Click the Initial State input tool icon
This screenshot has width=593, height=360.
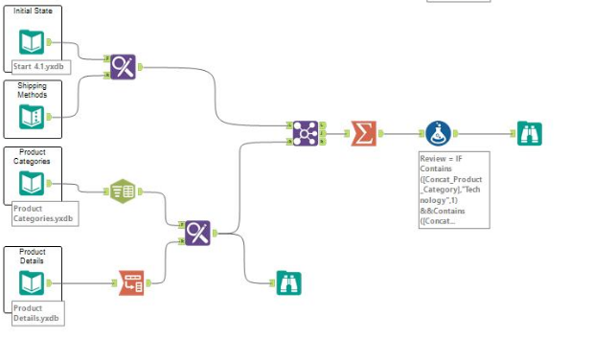32,42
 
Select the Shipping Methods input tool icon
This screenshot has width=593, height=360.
32,116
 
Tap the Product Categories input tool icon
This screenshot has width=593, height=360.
32,183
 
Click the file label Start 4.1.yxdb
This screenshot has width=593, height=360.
42,66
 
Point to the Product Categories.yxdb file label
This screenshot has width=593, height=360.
42,214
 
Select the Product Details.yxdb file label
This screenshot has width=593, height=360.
37,313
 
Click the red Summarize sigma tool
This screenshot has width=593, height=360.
362,133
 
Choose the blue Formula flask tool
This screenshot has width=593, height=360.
439,134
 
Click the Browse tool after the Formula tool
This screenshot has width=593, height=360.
529,134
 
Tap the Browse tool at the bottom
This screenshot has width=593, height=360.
288,281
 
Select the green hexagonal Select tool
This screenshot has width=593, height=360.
123,191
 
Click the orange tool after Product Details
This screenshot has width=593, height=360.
131,282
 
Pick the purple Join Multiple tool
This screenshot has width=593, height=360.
306,134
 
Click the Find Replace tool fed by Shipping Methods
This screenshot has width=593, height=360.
123,66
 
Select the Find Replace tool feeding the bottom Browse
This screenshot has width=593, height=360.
198,232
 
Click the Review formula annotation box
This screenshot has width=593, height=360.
453,190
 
